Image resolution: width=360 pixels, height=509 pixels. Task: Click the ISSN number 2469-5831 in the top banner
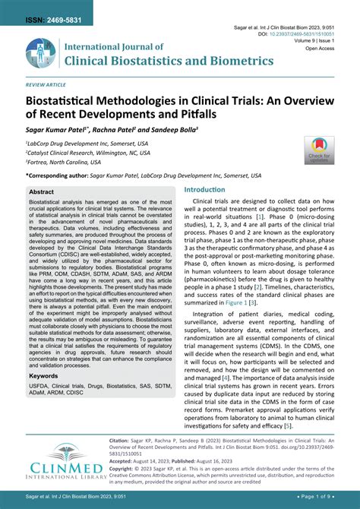point(48,8)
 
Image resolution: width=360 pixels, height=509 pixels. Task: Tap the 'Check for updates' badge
point(318,150)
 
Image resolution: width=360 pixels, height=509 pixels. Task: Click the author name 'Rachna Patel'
point(121,129)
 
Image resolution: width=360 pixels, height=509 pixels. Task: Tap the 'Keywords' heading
point(43,375)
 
